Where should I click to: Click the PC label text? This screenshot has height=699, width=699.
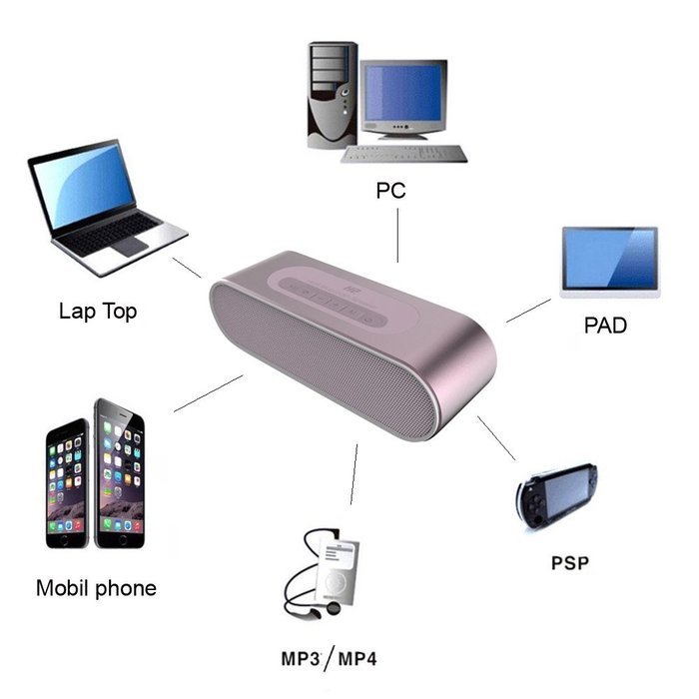tap(390, 191)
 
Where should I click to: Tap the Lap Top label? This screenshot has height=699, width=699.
tap(98, 311)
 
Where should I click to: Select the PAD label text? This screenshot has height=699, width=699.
tap(605, 325)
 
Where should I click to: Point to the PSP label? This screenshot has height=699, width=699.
tap(570, 562)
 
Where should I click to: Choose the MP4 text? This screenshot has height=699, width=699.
tap(357, 659)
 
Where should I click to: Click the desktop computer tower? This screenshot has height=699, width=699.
tap(333, 95)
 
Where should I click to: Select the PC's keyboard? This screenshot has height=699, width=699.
tap(403, 154)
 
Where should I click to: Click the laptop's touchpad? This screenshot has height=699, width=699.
tap(130, 246)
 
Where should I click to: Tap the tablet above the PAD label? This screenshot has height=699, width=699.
tap(610, 262)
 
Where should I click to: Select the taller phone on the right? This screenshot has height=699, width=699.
tap(120, 473)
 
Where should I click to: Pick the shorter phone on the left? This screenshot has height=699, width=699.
tap(67, 483)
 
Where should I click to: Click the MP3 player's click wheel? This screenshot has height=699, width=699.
tap(336, 582)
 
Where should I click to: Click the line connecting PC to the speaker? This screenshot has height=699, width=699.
tap(397, 236)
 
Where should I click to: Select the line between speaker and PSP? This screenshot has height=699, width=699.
tap(496, 437)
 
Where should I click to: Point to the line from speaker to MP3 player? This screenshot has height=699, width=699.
tap(353, 474)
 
